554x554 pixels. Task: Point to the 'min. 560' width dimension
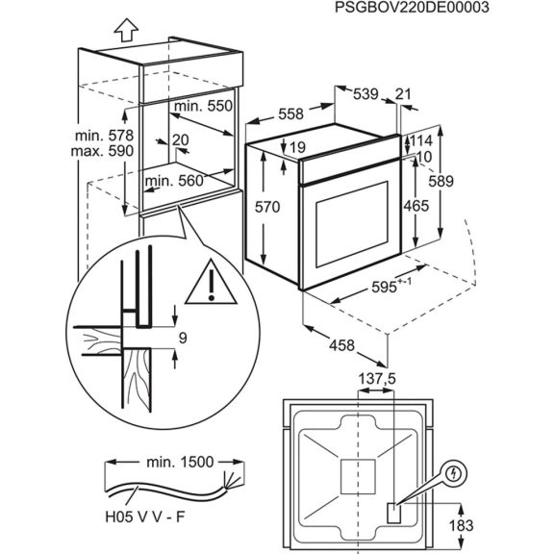(x=174, y=180)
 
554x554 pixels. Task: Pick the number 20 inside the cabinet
(x=180, y=139)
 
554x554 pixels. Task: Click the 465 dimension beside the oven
(x=415, y=207)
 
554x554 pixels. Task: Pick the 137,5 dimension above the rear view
(x=376, y=379)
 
